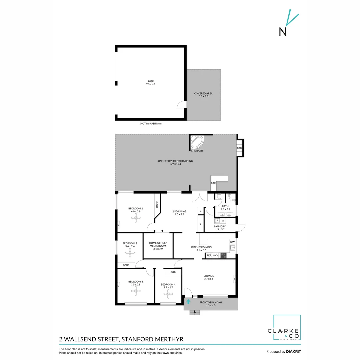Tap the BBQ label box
pyautogui.click(x=239, y=148)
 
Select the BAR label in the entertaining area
pyautogui.click(x=213, y=184)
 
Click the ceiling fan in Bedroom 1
pyautogui.click(x=136, y=219)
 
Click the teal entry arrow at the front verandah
pyautogui.click(x=188, y=302)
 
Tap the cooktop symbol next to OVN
pyautogui.click(x=223, y=256)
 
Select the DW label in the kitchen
pyautogui.click(x=232, y=242)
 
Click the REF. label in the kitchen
pyautogui.click(x=209, y=256)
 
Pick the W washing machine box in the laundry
pyautogui.click(x=223, y=221)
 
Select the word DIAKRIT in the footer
pyautogui.click(x=293, y=352)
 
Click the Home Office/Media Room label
pyautogui.click(x=158, y=245)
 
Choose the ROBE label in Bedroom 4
pyautogui.click(x=173, y=272)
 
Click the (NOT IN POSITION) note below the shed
pyautogui.click(x=150, y=124)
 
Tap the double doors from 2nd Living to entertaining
pyautogui.click(x=199, y=197)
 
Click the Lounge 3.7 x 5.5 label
pyautogui.click(x=209, y=277)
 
